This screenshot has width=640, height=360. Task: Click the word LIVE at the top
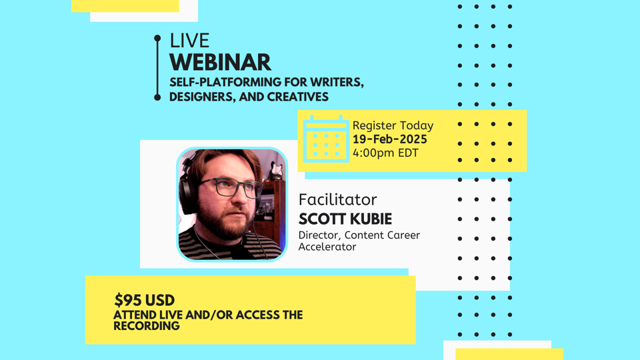coord(189,41)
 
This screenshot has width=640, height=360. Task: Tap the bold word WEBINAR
coord(220,62)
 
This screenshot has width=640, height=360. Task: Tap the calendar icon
coord(326,139)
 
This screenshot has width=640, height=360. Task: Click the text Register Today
coord(393,125)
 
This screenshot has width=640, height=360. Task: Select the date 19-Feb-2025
coord(389,139)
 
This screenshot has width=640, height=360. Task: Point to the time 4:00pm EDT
coord(385,153)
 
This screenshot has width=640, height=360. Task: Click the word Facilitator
coord(337,199)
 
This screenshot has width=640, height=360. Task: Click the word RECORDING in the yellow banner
coord(147,326)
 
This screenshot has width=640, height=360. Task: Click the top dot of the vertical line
coord(157,38)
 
